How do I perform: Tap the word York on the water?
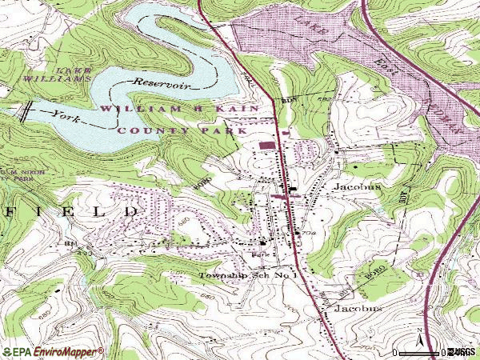tap(66, 114)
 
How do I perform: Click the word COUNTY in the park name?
tap(143, 129)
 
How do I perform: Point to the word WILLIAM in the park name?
tap(127, 106)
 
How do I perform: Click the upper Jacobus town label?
tap(356, 186)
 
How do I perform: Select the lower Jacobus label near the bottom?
tap(358, 307)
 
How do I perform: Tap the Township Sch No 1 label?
tap(248, 274)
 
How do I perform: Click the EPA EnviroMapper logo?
tap(52, 351)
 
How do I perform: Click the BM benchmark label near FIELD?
tap(71, 242)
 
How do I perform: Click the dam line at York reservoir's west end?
tap(25, 111)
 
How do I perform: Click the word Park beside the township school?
tap(258, 255)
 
